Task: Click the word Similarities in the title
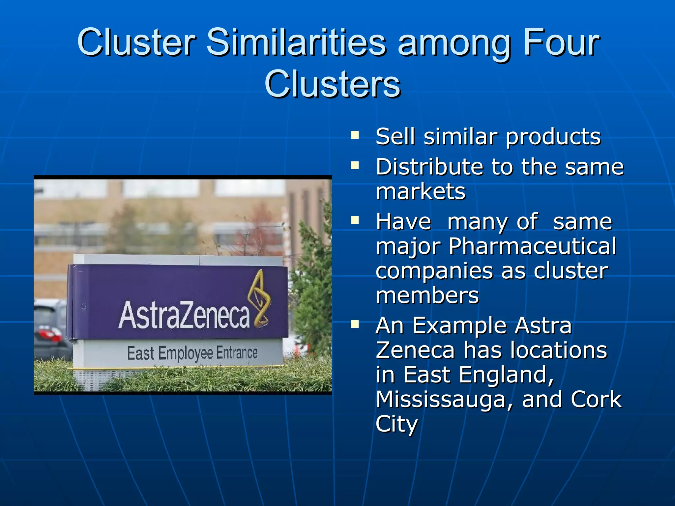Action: click(296, 43)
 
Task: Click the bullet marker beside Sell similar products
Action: click(355, 135)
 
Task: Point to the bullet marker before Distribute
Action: click(355, 165)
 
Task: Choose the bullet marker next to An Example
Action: click(355, 324)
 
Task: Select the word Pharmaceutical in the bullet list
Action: click(532, 246)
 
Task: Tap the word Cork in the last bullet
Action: click(596, 400)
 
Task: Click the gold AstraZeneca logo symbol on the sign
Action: click(260, 298)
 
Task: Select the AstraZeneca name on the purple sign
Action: click(184, 315)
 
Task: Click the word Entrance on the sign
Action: click(237, 353)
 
